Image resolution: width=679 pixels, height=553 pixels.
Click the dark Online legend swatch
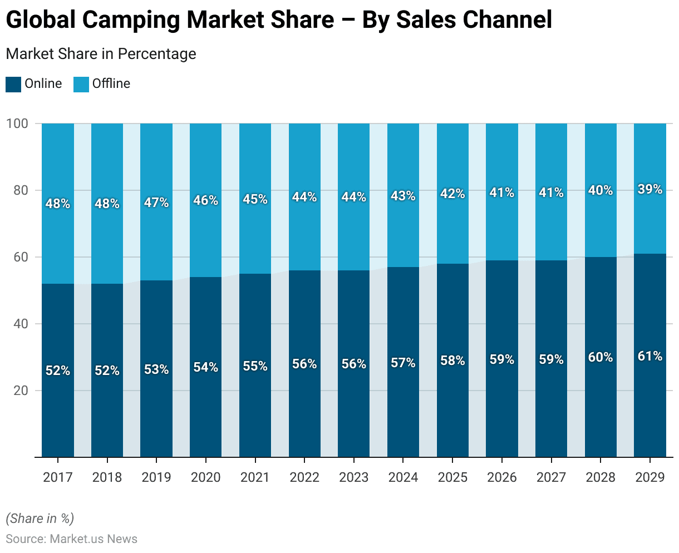[x=13, y=84]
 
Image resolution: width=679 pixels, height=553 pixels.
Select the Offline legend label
[x=111, y=83]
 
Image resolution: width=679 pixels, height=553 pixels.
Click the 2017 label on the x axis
[x=58, y=477]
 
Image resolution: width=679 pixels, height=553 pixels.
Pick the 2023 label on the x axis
[x=354, y=477]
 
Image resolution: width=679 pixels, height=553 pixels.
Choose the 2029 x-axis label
[x=650, y=477]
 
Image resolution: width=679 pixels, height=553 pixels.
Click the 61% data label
[x=650, y=356]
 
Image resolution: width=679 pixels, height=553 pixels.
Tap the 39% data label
[x=650, y=189]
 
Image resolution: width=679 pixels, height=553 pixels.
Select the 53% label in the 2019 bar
[x=156, y=369]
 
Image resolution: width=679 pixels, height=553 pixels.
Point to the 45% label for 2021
[x=255, y=199]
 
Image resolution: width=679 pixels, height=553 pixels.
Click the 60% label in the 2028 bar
[x=601, y=357]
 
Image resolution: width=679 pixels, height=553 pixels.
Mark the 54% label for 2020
[x=205, y=367]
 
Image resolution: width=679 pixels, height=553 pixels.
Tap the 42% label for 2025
[x=452, y=194]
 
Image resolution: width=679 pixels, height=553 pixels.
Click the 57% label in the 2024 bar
[x=403, y=363]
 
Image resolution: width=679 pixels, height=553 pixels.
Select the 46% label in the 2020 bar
[x=205, y=200]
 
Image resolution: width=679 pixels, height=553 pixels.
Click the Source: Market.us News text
[x=71, y=539]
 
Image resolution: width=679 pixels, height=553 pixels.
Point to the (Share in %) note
[x=40, y=519]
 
